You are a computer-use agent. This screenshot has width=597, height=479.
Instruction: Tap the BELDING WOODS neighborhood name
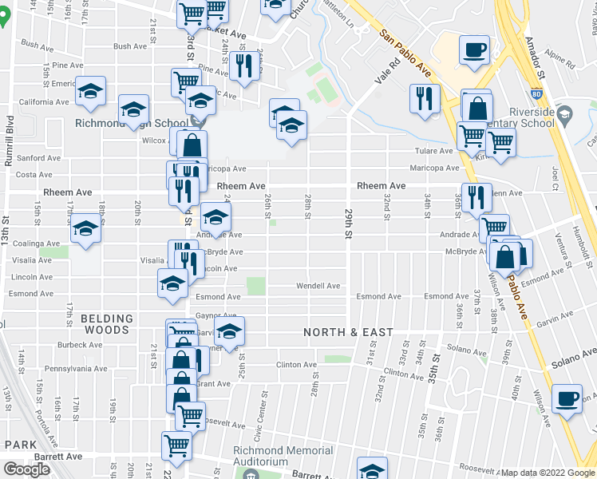click(x=106, y=324)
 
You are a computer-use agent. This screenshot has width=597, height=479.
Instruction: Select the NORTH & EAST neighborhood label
click(x=348, y=332)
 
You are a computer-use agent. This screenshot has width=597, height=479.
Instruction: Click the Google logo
click(x=27, y=469)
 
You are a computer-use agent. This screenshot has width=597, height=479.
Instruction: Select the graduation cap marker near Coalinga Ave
click(x=85, y=232)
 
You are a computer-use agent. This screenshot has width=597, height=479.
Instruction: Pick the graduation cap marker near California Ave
click(x=91, y=91)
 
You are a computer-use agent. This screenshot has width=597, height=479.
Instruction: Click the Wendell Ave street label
click(x=318, y=285)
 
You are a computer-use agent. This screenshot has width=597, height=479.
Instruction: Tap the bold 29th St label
click(x=348, y=226)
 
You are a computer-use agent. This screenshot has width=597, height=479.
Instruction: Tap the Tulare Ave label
click(x=434, y=151)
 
